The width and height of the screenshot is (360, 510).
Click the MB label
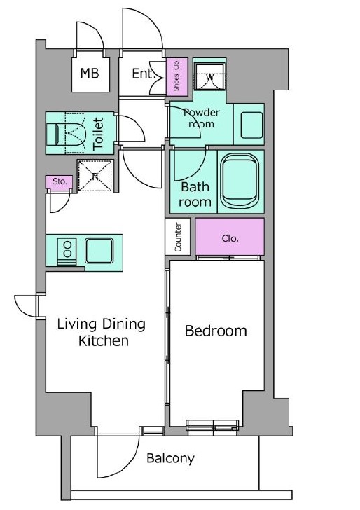pyautogui.click(x=90, y=73)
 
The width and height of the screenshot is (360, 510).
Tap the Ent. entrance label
pyautogui.click(x=142, y=74)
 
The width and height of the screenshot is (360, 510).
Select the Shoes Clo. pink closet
pyautogui.click(x=177, y=77)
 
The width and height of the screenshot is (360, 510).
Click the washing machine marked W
pyautogui.click(x=209, y=77)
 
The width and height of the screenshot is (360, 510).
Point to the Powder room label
pyautogui.click(x=201, y=118)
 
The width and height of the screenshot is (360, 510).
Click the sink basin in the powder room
pyautogui.click(x=251, y=125)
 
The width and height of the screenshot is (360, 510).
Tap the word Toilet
pyautogui.click(x=98, y=134)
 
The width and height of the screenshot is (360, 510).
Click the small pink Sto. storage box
pyautogui.click(x=59, y=182)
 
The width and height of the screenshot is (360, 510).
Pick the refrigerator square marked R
pyautogui.click(x=95, y=176)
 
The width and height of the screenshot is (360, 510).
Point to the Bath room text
pyautogui.click(x=195, y=195)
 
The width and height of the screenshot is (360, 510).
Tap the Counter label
pyautogui.click(x=178, y=237)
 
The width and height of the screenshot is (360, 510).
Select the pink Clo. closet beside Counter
pyautogui.click(x=230, y=237)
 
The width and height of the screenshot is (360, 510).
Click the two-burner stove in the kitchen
pyautogui.click(x=67, y=251)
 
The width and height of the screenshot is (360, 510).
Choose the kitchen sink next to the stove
pyautogui.click(x=99, y=251)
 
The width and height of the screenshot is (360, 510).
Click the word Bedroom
pyautogui.click(x=216, y=331)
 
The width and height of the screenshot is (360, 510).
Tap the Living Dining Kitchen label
pyautogui.click(x=102, y=332)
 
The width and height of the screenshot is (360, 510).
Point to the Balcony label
pyautogui.click(x=170, y=458)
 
